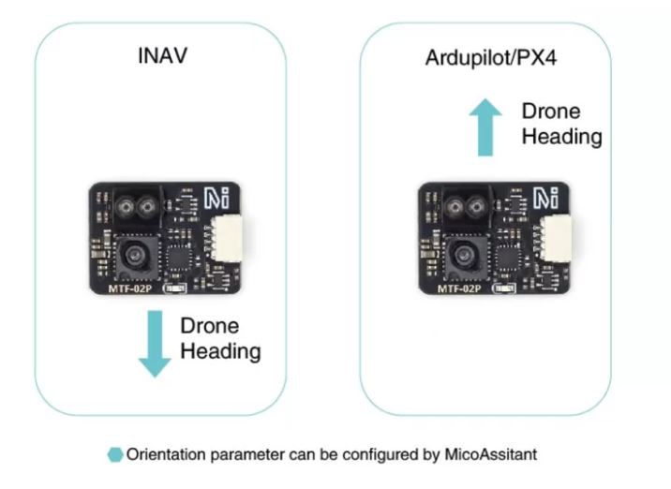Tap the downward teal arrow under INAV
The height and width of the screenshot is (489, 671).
click(x=154, y=344)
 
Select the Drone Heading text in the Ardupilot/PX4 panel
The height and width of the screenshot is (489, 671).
click(x=561, y=123)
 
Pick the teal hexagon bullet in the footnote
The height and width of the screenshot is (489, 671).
click(x=116, y=455)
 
